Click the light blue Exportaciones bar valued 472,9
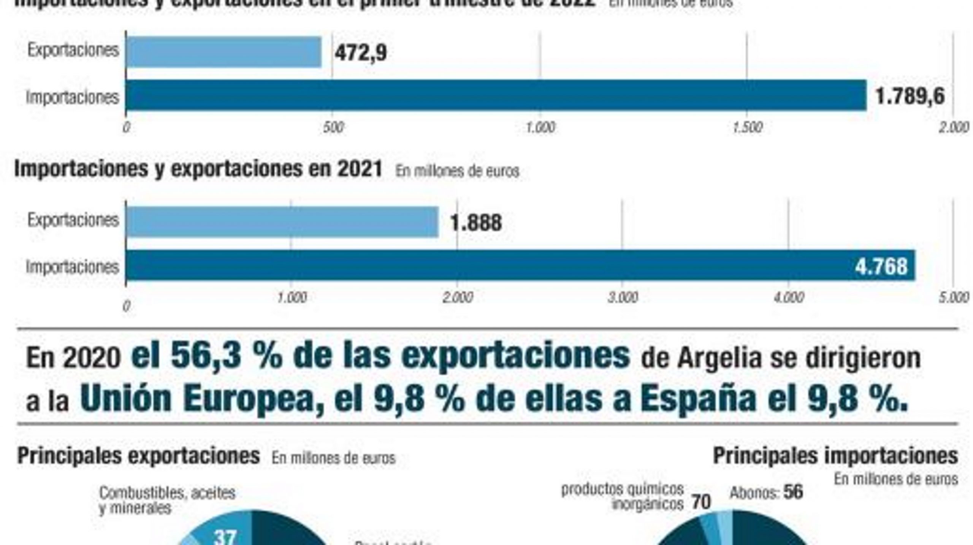(223, 52)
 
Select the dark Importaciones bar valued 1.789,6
(496, 95)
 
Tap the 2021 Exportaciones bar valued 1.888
(282, 222)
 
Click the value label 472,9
(360, 52)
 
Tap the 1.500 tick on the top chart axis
(747, 127)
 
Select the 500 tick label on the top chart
(333, 127)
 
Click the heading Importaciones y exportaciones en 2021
(198, 169)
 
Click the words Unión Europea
(201, 399)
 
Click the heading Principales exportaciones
(139, 455)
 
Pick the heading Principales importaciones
(835, 455)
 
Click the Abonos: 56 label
(766, 493)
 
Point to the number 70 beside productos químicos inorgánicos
(701, 502)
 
